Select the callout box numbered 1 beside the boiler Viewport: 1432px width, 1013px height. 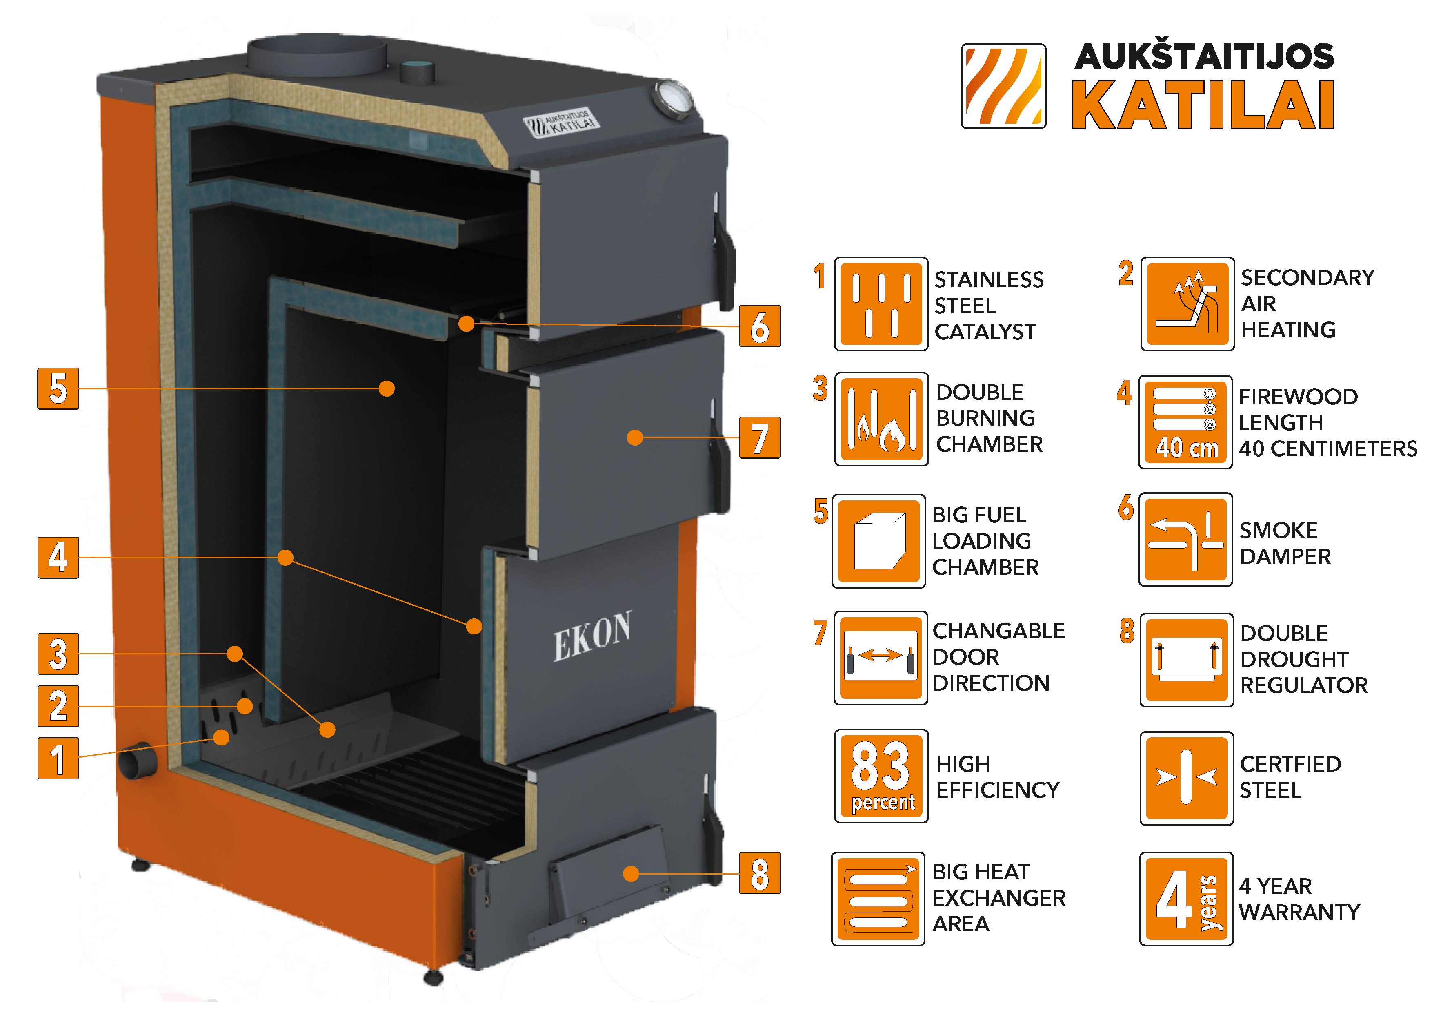point(58,759)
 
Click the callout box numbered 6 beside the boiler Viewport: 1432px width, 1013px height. point(760,326)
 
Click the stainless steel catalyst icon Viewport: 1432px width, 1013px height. point(881,304)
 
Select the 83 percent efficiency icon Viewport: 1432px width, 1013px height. point(881,776)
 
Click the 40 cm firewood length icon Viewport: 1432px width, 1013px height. point(1185,422)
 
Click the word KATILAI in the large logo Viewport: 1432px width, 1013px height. point(1203,106)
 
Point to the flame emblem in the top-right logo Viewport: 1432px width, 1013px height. point(1003,86)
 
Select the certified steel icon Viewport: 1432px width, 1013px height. point(1186,778)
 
